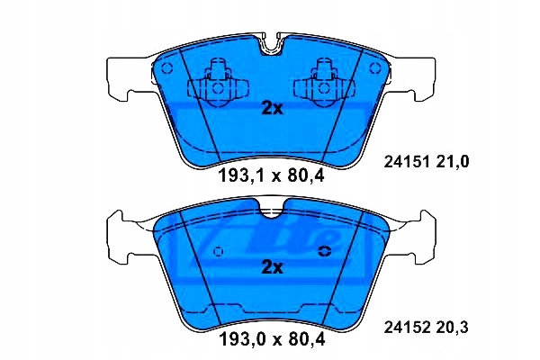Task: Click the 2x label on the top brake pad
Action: pos(271,108)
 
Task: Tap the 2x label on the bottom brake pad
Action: pos(271,267)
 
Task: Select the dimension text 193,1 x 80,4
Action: pos(271,175)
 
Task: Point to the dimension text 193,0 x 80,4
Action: pos(271,341)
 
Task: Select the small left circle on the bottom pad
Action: pos(217,253)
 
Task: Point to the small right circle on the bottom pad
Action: pos(325,253)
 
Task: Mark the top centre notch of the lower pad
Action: pos(270,211)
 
